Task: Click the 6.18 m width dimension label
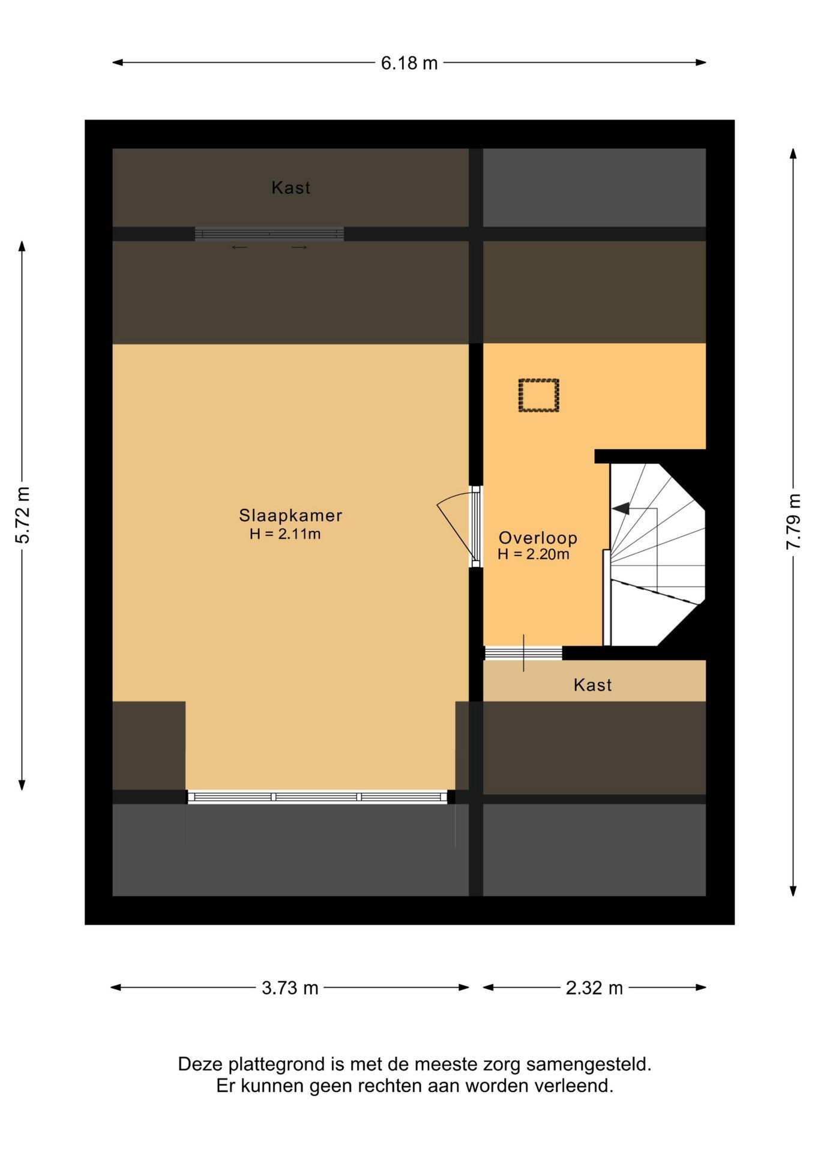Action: click(409, 62)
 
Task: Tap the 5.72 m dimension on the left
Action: click(22, 515)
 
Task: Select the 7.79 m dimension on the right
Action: click(793, 521)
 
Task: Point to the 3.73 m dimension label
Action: click(290, 988)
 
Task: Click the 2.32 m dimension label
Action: click(594, 988)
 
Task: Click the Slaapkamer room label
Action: click(290, 515)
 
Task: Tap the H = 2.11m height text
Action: click(285, 533)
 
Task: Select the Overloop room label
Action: click(538, 538)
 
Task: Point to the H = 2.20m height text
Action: click(533, 554)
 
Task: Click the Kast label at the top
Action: click(291, 188)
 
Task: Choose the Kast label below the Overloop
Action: click(592, 685)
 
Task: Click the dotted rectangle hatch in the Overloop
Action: click(539, 395)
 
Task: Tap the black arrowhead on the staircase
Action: click(621, 508)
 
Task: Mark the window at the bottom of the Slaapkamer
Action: click(317, 797)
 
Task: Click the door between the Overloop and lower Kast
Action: click(523, 653)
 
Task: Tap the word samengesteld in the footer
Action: click(589, 1064)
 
